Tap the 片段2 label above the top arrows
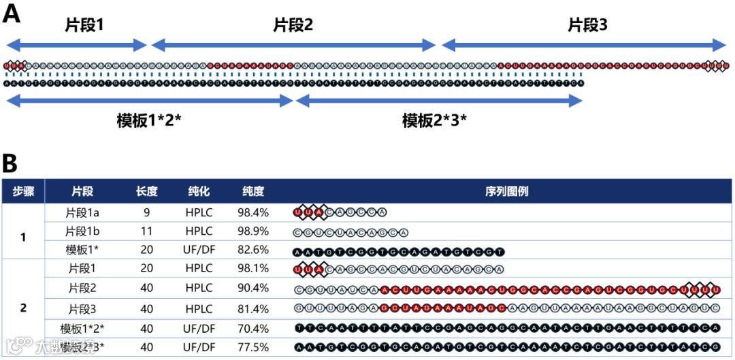293,26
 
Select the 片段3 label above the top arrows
587,26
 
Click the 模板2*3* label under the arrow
434,121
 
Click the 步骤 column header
23,191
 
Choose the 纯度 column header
252,191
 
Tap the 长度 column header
146,191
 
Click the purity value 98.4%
253,212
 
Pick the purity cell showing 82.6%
253,250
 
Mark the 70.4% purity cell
253,328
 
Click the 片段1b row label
83,231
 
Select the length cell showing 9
146,212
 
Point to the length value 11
146,231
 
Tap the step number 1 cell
23,238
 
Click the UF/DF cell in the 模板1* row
199,250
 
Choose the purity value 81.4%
253,308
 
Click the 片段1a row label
83,212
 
